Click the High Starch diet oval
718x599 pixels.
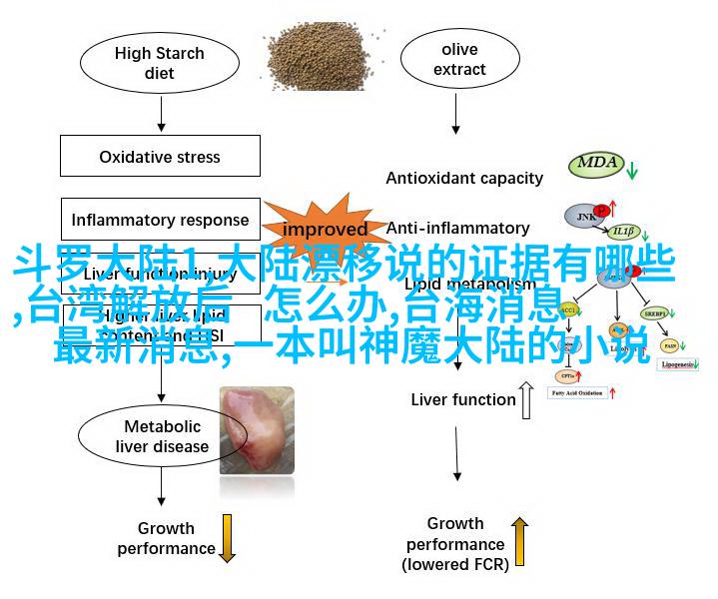[160, 63]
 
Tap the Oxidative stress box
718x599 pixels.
[160, 157]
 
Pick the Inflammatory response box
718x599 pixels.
[160, 220]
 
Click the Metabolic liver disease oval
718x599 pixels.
[161, 436]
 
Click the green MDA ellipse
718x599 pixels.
[597, 165]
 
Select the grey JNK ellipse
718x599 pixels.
[585, 215]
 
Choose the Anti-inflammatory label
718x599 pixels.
[457, 228]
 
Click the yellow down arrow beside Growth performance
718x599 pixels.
[228, 538]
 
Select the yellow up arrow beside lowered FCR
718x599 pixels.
[519, 542]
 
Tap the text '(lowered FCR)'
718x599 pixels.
[455, 565]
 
